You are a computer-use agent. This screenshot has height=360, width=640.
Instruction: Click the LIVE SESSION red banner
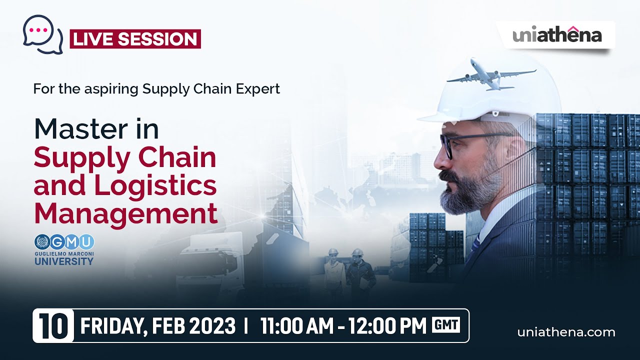point(135,39)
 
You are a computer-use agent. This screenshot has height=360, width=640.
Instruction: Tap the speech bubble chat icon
point(42,33)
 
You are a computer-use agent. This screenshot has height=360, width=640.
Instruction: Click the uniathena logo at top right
point(557,35)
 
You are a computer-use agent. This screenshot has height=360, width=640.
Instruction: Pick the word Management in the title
point(125,213)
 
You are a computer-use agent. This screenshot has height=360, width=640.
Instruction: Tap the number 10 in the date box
point(53,326)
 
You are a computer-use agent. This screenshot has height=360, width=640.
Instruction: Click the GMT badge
point(446,325)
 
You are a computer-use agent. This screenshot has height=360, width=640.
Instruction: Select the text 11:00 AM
point(296,326)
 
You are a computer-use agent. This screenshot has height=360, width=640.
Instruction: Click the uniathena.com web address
point(566,332)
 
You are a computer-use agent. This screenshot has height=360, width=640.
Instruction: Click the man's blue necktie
point(474,245)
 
